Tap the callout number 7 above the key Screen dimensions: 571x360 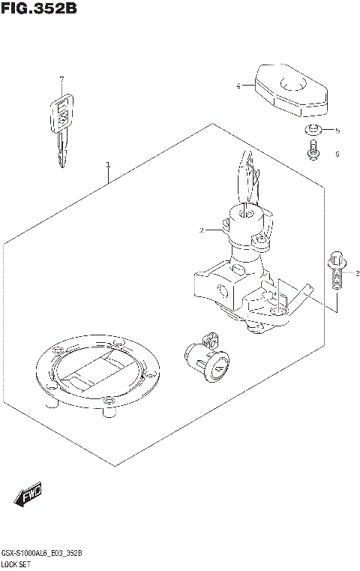(62, 78)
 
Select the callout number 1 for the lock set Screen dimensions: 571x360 (108, 164)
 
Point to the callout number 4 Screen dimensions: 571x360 (238, 86)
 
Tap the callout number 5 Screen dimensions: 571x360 (337, 131)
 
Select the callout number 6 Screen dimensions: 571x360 (337, 154)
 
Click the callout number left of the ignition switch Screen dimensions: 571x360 (202, 230)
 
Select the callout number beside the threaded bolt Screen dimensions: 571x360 (357, 272)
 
